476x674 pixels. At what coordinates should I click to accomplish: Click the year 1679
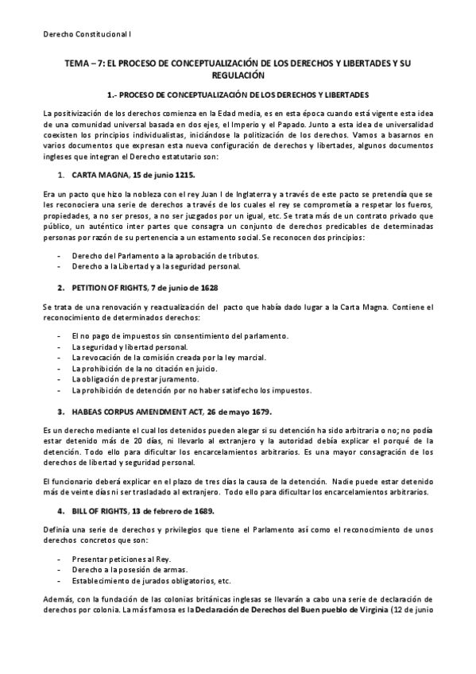258,412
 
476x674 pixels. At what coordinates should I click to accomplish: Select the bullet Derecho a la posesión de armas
130,570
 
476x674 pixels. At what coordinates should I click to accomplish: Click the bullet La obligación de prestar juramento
137,379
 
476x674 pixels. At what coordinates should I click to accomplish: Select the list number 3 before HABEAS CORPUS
60,412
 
